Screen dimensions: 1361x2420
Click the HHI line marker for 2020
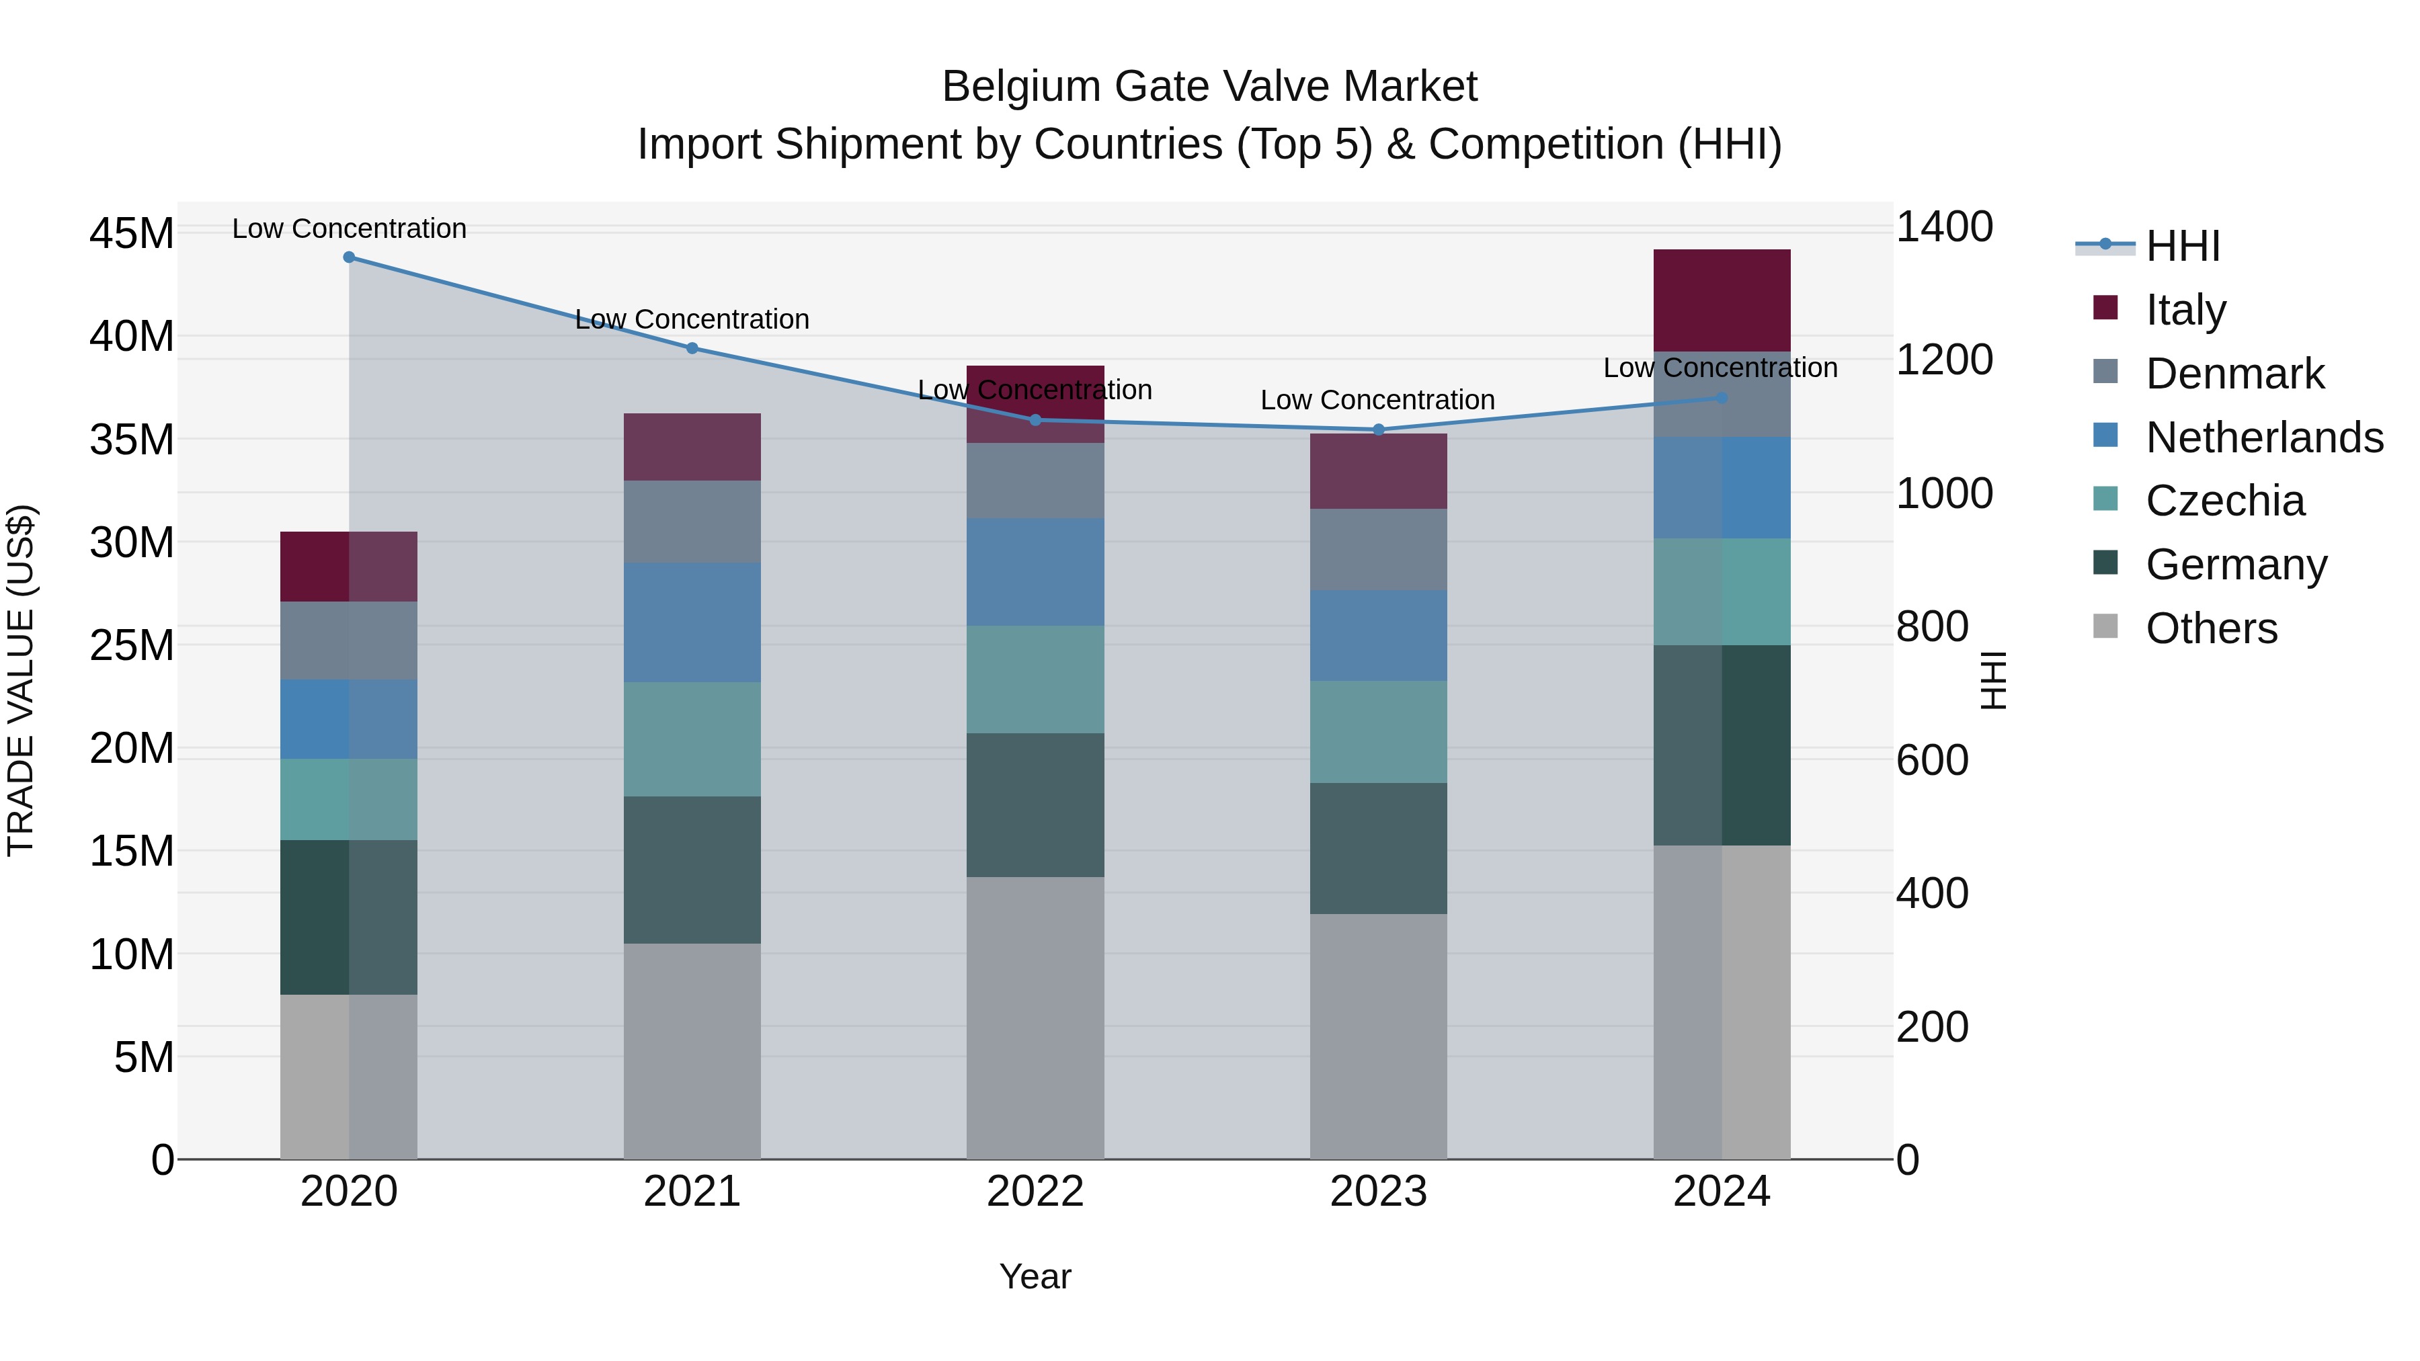(348, 257)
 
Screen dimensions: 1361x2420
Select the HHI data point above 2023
(1378, 430)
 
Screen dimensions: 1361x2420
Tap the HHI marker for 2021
(692, 348)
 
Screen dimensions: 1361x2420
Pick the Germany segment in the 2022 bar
(1035, 805)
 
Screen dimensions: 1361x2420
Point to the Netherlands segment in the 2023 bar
(1378, 636)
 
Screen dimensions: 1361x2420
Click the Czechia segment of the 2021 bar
(692, 739)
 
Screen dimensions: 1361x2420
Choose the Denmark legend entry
(2234, 374)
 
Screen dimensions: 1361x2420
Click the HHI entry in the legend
(2182, 246)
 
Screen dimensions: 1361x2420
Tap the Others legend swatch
(2105, 626)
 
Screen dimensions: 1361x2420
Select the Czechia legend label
(2224, 501)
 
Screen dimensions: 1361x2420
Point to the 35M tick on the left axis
(132, 440)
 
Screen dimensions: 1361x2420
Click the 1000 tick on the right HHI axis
(1943, 494)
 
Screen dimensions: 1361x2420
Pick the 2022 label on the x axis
(1035, 1192)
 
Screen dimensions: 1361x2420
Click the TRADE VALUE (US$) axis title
(21, 680)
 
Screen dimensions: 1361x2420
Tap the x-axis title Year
(1035, 1276)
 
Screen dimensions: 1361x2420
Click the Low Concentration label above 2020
(348, 229)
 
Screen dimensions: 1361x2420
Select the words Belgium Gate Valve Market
(1209, 87)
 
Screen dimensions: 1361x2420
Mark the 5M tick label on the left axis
(143, 1058)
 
